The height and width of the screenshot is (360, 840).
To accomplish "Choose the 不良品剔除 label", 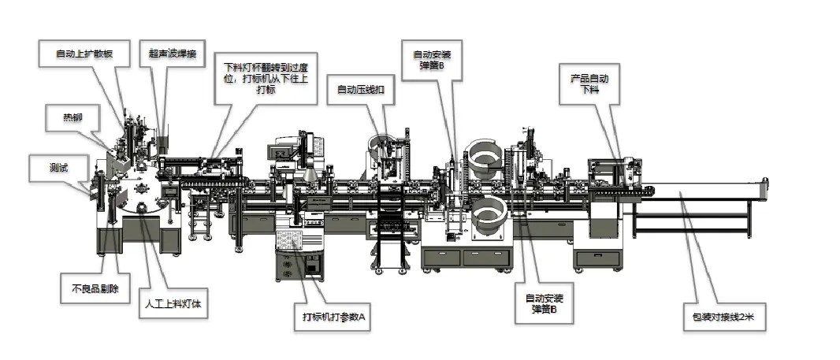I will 90,288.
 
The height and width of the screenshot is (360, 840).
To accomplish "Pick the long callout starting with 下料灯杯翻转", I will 266,78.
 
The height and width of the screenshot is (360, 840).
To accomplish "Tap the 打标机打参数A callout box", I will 335,317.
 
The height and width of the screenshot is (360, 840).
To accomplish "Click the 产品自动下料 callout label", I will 589,85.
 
